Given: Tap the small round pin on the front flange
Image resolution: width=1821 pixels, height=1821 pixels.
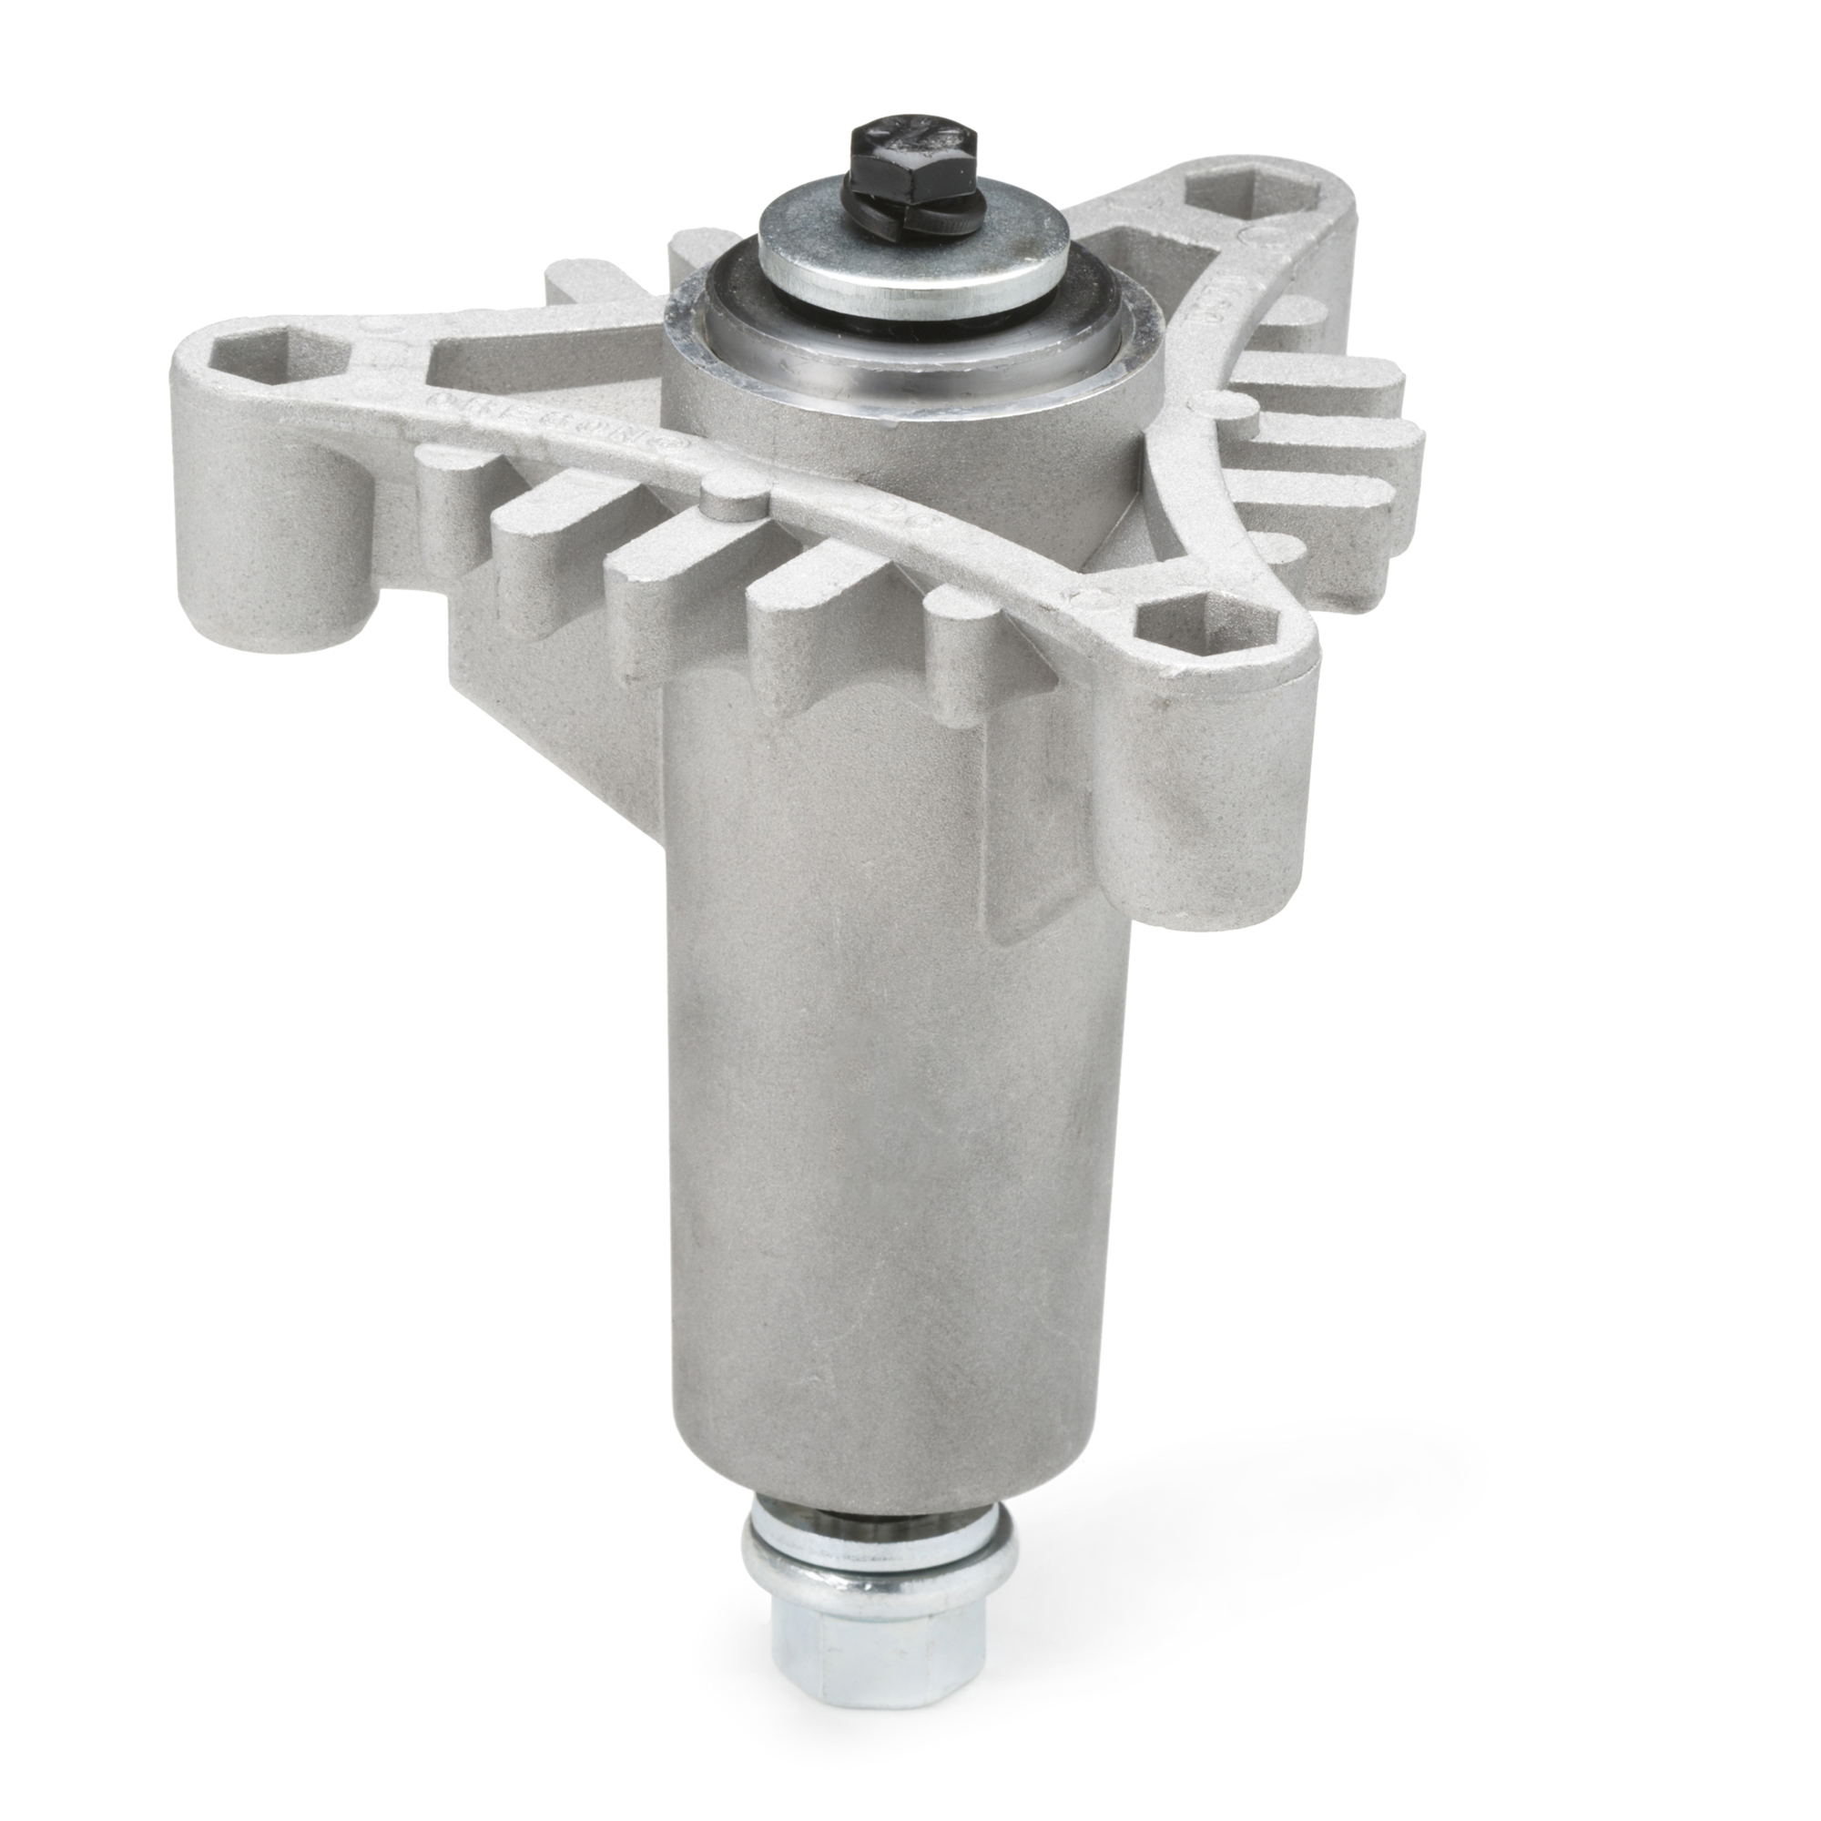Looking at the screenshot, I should coord(730,501).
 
